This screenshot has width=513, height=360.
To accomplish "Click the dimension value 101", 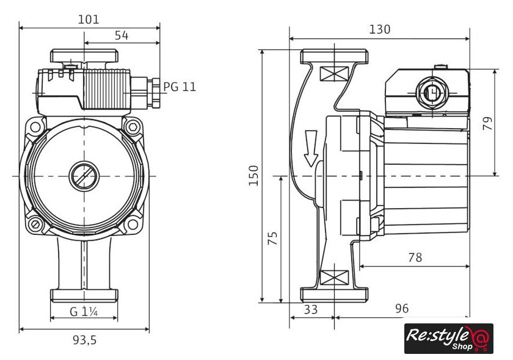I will pos(89,19).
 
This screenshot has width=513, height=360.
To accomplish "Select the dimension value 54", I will pos(122,35).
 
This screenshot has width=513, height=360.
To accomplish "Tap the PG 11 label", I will pos(180,87).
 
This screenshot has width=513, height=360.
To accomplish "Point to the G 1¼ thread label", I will pos(84,311).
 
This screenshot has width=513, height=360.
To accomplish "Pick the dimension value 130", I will pos(379,29).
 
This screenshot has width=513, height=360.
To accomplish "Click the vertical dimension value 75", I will pos(273,238).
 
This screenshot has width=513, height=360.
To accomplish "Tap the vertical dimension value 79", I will pos(487,123).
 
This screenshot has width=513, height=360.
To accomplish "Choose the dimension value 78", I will pos(415,257).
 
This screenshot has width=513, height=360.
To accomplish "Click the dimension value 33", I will pos(311,309).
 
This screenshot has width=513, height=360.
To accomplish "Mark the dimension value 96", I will pos(401,309).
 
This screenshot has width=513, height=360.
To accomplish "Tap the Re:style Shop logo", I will pos(448,338).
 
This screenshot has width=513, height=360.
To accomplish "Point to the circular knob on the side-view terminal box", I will pos(432,93).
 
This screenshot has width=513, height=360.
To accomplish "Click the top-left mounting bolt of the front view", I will pos(35,127).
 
